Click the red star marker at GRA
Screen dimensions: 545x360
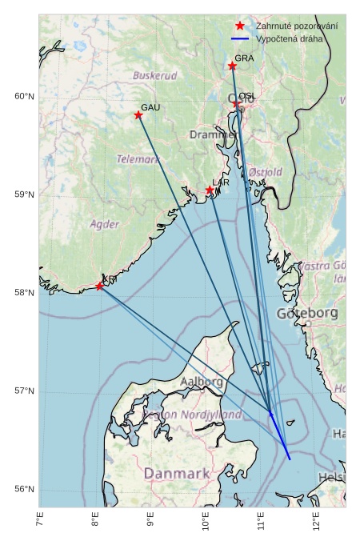pos(232,66)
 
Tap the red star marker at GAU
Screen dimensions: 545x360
pos(138,115)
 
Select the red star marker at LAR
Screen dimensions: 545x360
pos(210,190)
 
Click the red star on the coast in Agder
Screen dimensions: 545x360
pos(99,287)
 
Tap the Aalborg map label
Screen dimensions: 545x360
pos(202,382)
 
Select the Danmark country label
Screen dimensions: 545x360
pos(176,474)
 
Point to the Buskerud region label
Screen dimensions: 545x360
pos(155,76)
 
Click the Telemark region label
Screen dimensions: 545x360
pos(138,159)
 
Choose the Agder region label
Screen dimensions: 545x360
pos(105,224)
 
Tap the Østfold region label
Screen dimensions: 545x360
pos(266,172)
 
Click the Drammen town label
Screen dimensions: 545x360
pos(211,134)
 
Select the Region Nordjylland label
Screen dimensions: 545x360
pos(192,415)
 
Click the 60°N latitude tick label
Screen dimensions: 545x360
pos(24,97)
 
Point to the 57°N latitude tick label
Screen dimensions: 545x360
pos(24,391)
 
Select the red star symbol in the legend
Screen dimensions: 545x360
pos(240,26)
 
